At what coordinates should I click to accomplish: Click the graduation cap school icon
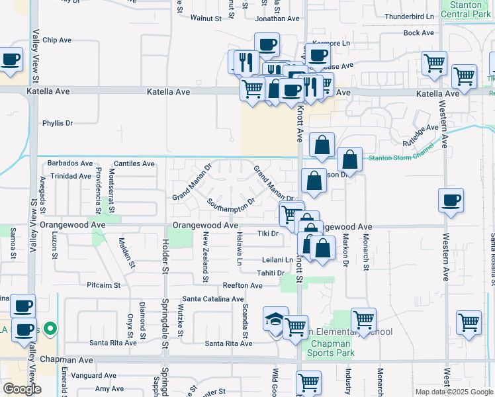(x=275, y=319)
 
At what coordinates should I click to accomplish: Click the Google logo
(x=22, y=389)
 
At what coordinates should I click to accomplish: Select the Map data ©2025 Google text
(x=454, y=392)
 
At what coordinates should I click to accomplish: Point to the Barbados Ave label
(x=70, y=163)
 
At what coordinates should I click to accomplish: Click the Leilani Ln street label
(x=277, y=260)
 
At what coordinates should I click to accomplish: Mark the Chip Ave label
(x=57, y=40)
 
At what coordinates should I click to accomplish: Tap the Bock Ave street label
(x=418, y=32)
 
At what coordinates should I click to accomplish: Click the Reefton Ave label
(x=242, y=286)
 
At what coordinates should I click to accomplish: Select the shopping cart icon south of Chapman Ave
(x=309, y=382)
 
